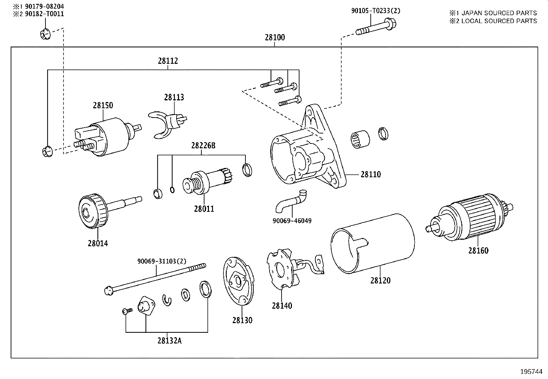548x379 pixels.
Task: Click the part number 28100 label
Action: tap(275, 37)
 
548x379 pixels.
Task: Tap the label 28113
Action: tap(174, 97)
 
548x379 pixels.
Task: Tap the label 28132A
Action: tap(169, 341)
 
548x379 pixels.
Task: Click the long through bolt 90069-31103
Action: tap(155, 278)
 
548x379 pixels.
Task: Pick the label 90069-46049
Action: tap(292, 221)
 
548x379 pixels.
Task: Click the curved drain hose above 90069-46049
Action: tap(291, 202)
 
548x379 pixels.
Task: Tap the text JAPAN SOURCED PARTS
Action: tap(499, 13)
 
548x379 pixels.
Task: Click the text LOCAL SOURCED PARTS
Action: tap(499, 21)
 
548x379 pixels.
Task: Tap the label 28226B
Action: tap(203, 146)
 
